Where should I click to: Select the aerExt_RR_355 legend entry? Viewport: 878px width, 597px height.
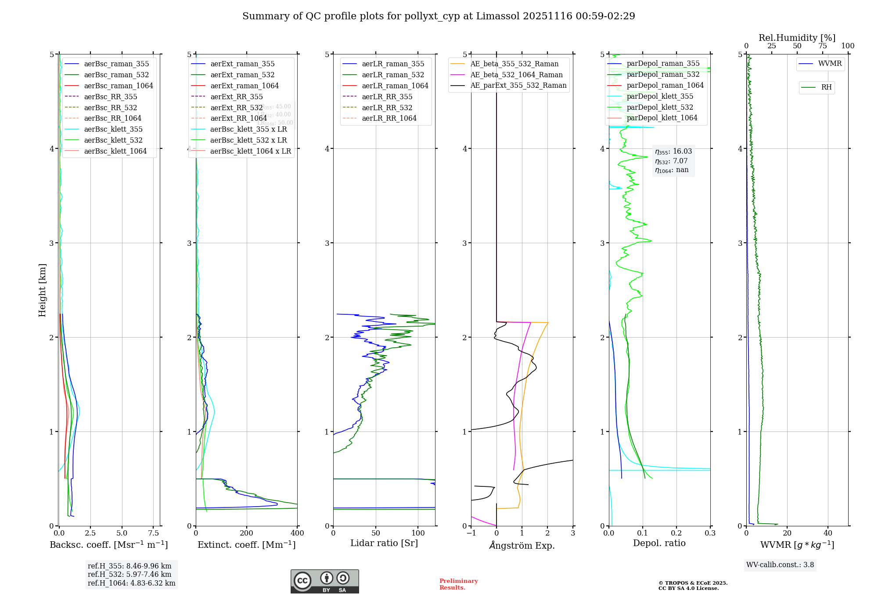click(x=237, y=97)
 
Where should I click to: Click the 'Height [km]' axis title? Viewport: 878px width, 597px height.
click(x=42, y=290)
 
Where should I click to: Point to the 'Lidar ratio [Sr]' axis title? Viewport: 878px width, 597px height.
click(x=384, y=543)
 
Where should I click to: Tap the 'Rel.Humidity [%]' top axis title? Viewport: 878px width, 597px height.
click(x=797, y=38)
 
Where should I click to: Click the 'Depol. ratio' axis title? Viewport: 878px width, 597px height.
click(x=659, y=543)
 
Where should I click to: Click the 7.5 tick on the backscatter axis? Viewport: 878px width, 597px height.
click(x=153, y=533)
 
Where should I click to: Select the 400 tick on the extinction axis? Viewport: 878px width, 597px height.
click(x=297, y=533)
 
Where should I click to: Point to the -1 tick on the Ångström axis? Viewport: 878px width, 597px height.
click(x=471, y=533)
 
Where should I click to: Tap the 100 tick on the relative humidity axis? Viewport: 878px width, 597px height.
click(x=848, y=46)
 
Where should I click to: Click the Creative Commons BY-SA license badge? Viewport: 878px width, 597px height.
click(x=324, y=582)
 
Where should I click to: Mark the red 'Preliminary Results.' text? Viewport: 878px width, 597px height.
click(x=458, y=584)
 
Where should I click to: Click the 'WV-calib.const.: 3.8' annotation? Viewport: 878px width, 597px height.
click(x=780, y=565)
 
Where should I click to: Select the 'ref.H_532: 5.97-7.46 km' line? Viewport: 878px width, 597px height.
click(x=130, y=575)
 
